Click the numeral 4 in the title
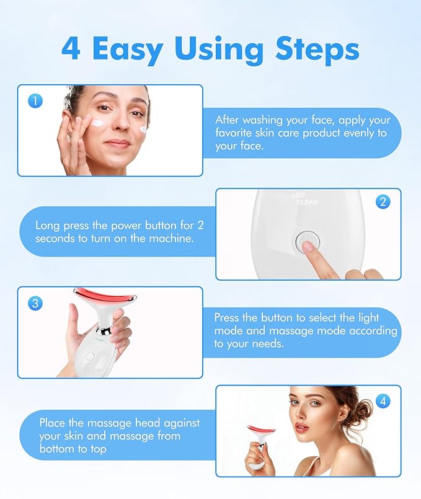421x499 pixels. click(71, 48)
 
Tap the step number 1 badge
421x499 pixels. click(35, 100)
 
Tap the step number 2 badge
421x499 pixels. click(383, 201)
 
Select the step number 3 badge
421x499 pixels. click(35, 302)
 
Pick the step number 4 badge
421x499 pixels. click(383, 401)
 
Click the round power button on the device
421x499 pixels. click(305, 241)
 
